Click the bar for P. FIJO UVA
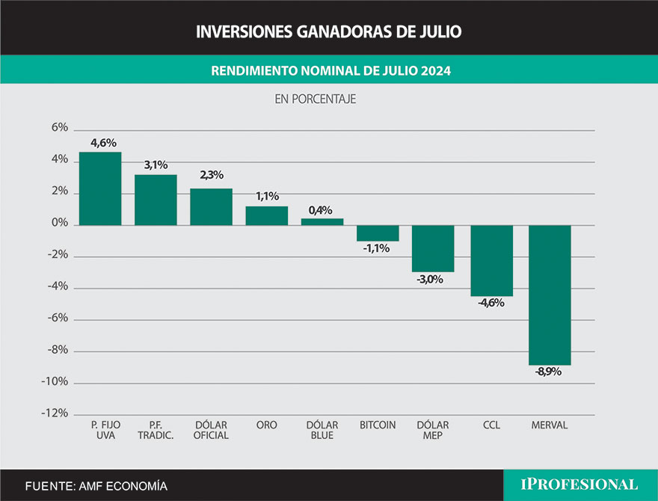[100, 188]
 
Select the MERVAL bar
[550, 295]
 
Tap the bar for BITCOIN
[378, 233]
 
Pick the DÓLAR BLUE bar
[322, 221]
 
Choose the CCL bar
[491, 260]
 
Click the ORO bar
[267, 215]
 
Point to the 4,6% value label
[103, 143]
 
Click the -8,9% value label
[549, 372]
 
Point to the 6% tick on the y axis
[59, 129]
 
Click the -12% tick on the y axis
[55, 414]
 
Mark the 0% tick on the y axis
[59, 224]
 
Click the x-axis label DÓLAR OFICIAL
[211, 430]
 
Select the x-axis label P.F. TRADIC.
[156, 430]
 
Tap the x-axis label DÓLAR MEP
[433, 430]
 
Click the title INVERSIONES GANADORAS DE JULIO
[329, 31]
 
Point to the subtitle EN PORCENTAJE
[315, 98]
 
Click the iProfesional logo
[579, 484]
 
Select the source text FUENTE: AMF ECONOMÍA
[96, 486]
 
